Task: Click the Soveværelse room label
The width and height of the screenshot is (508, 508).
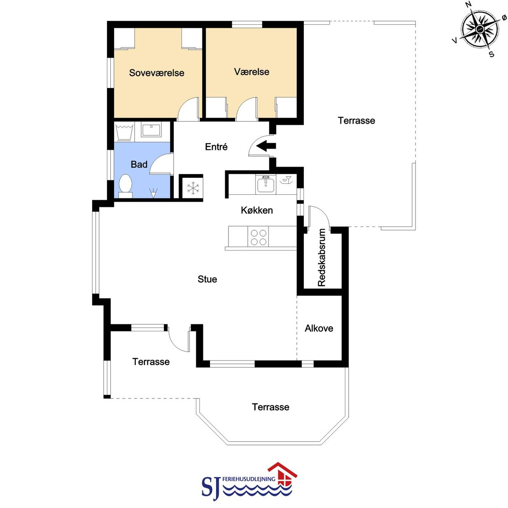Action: pyautogui.click(x=156, y=73)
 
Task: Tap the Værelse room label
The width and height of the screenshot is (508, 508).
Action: pyautogui.click(x=252, y=72)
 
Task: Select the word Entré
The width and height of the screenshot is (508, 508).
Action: pyautogui.click(x=216, y=147)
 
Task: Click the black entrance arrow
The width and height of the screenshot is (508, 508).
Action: pyautogui.click(x=266, y=146)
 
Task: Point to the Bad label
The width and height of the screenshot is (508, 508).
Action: pyautogui.click(x=139, y=165)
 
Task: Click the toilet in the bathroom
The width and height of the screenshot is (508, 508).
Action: pyautogui.click(x=126, y=186)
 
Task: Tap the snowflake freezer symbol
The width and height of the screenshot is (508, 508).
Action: pyautogui.click(x=193, y=188)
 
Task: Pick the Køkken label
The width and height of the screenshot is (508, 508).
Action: pyautogui.click(x=257, y=210)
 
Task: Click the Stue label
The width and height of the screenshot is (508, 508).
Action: pyautogui.click(x=207, y=279)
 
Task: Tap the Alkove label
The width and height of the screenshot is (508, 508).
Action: pyautogui.click(x=319, y=328)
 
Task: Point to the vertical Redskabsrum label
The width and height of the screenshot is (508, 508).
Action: pyautogui.click(x=322, y=257)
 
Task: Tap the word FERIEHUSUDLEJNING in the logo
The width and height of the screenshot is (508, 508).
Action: pyautogui.click(x=249, y=478)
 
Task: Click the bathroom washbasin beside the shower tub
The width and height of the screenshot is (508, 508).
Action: pyautogui.click(x=151, y=129)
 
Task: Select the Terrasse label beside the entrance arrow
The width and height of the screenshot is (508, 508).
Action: pyautogui.click(x=357, y=121)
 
